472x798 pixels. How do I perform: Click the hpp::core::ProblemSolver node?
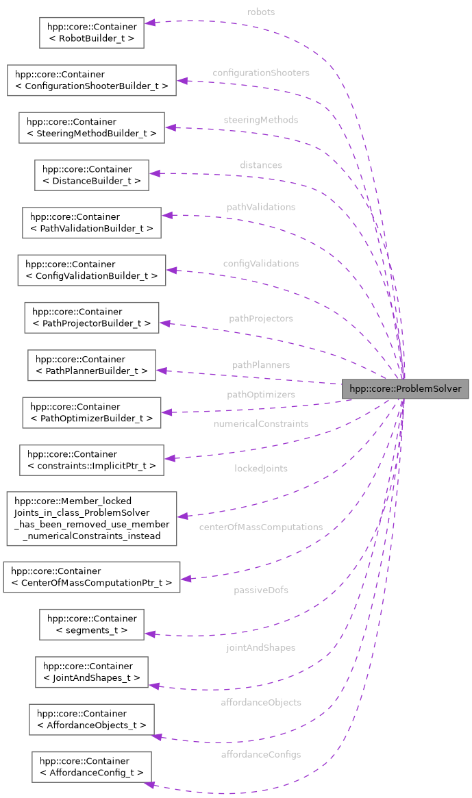pyautogui.click(x=406, y=389)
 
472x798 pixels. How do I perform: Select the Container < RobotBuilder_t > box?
pyautogui.click(x=91, y=32)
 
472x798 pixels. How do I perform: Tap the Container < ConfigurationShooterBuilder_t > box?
pyautogui.click(x=91, y=80)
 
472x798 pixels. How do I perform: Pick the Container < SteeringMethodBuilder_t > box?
pyautogui.click(x=91, y=127)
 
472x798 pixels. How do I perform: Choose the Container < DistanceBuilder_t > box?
pyautogui.click(x=92, y=175)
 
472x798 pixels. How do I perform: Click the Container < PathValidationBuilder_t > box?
pyautogui.click(x=91, y=223)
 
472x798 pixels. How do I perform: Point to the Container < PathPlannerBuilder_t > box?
pyautogui.click(x=91, y=365)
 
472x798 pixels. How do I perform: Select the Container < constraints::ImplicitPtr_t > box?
pyautogui.click(x=91, y=460)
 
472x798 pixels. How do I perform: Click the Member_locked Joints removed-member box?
pyautogui.click(x=91, y=518)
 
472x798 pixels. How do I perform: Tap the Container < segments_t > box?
pyautogui.click(x=91, y=624)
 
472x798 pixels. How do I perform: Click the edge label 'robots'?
pyautogui.click(x=261, y=12)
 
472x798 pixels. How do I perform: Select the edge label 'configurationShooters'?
pyautogui.click(x=260, y=73)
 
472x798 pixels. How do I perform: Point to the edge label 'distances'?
pyautogui.click(x=260, y=165)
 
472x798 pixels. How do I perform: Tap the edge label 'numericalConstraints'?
pyautogui.click(x=260, y=424)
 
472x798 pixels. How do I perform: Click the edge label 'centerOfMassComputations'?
pyautogui.click(x=260, y=527)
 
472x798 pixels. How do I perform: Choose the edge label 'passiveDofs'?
pyautogui.click(x=260, y=590)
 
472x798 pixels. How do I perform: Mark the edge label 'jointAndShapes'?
pyautogui.click(x=260, y=647)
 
